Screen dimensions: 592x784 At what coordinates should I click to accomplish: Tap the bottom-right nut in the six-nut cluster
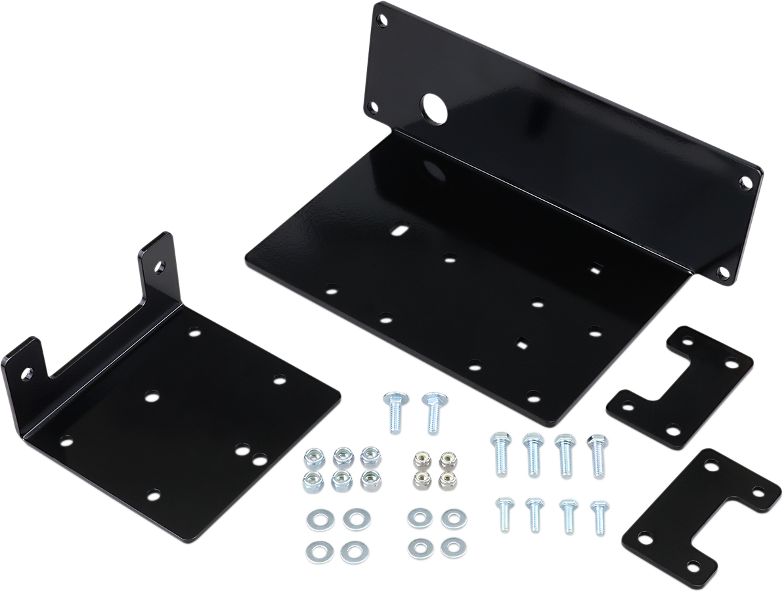(370, 481)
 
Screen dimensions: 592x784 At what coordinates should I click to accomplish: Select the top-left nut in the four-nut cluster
(420, 459)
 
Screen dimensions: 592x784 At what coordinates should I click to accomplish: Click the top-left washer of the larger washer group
(319, 520)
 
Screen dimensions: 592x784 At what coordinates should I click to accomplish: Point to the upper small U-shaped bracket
(678, 388)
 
